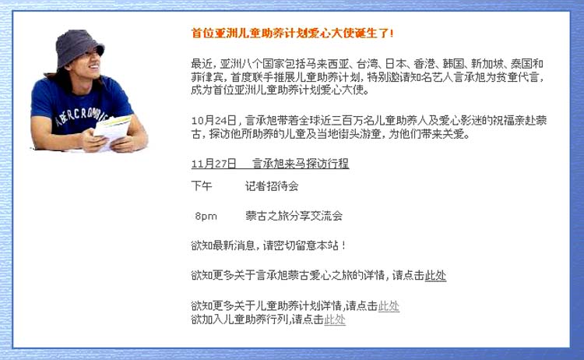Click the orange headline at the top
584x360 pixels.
pyautogui.click(x=292, y=34)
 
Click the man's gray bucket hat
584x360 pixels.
pyautogui.click(x=79, y=47)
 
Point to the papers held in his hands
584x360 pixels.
pyautogui.click(x=111, y=128)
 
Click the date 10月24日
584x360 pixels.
pyautogui.click(x=214, y=120)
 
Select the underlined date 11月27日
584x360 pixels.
pyautogui.click(x=214, y=164)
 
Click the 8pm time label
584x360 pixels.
pyautogui.click(x=206, y=216)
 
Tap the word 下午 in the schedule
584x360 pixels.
pyautogui.click(x=202, y=186)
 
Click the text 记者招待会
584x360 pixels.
pyautogui.click(x=272, y=186)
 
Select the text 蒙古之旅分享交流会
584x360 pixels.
pyautogui.click(x=294, y=216)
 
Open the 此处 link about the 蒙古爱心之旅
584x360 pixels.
pyautogui.click(x=435, y=275)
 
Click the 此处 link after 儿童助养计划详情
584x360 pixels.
pyautogui.click(x=389, y=306)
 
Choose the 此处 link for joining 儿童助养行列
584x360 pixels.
pyautogui.click(x=335, y=319)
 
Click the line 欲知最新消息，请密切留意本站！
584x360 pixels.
pyautogui.click(x=269, y=245)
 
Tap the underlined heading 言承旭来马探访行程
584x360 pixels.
pyautogui.click(x=301, y=164)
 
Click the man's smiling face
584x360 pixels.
pyautogui.click(x=90, y=63)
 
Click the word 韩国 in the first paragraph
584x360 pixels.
pyautogui.click(x=453, y=64)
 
